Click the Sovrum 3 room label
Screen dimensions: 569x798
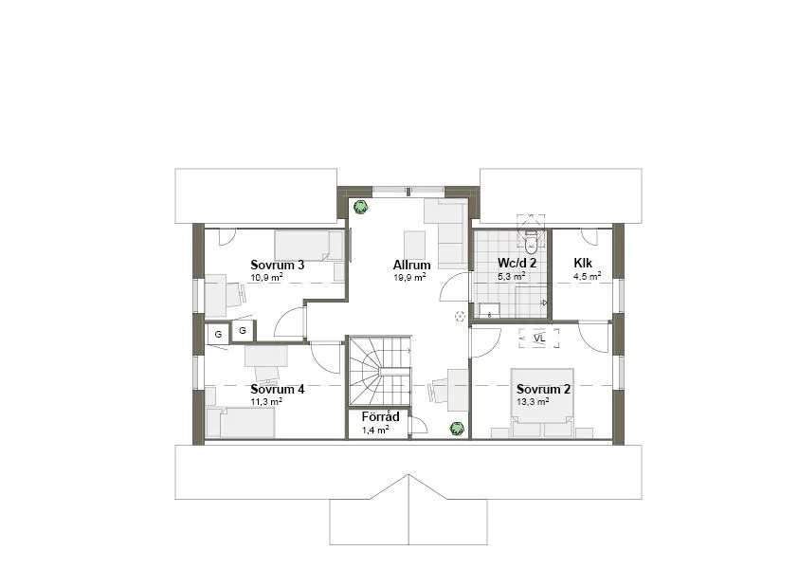277,265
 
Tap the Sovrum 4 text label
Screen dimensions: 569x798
277,389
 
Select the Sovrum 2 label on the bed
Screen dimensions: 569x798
543,389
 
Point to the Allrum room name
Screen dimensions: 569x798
412,266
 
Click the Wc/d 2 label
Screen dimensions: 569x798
517,265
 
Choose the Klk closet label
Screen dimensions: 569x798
582,265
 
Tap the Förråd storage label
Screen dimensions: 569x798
379,417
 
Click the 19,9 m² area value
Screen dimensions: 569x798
409,278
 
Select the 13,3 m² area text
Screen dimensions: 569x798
533,401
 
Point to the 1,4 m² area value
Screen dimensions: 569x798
376,430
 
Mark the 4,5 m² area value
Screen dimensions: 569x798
587,278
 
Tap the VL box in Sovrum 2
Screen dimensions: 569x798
539,338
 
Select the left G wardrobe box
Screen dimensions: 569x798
217,334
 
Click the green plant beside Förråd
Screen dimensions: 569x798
456,429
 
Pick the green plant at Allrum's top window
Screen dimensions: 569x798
360,206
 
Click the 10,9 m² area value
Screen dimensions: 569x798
266,278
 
